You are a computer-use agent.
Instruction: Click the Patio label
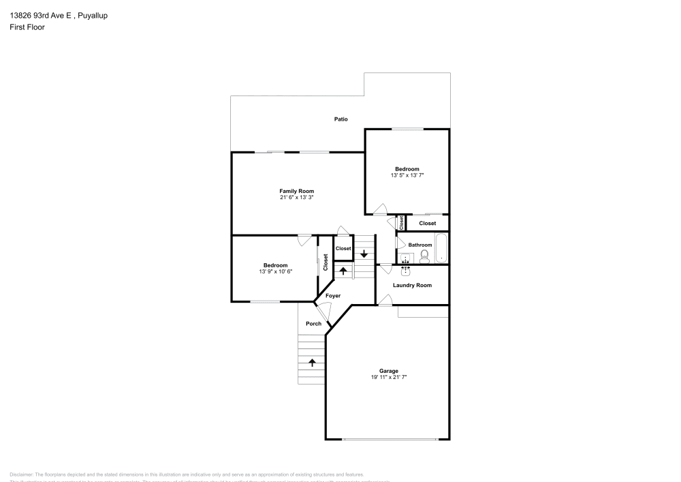coord(340,119)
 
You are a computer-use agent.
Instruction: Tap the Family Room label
coord(296,191)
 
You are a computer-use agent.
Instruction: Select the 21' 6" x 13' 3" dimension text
coord(296,198)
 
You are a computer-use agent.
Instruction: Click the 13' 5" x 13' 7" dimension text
coord(407,175)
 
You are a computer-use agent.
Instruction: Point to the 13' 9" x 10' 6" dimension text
coord(275,271)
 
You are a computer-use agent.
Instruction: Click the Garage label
coord(389,371)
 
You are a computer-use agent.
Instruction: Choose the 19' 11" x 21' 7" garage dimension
coord(389,378)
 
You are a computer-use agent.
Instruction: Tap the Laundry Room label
coord(412,285)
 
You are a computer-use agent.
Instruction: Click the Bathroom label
coord(419,245)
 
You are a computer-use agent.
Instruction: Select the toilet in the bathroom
coord(424,255)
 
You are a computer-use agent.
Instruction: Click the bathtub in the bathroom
coord(441,248)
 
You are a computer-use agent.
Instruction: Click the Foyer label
coord(332,296)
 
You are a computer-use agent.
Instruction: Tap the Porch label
coord(313,324)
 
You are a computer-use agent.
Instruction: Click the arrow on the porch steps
coord(313,362)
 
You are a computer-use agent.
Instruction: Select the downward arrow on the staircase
coord(364,254)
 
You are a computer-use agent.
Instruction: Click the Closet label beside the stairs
coord(343,248)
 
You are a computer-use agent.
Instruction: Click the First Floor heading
coord(27,27)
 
